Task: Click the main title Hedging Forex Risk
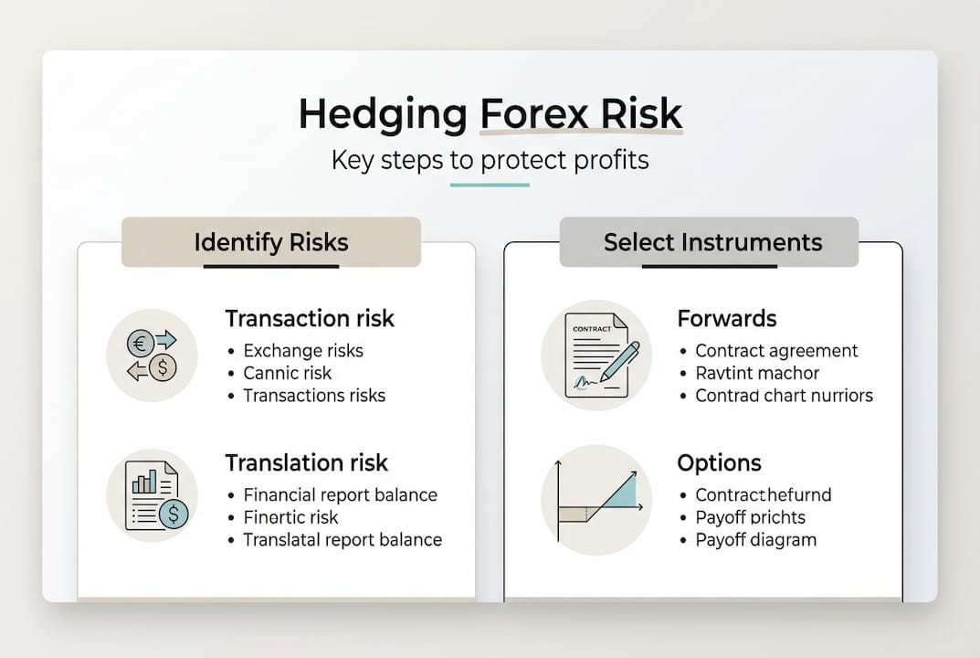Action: [x=490, y=113]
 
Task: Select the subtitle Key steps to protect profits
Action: [x=490, y=161]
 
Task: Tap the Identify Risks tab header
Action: [x=271, y=242]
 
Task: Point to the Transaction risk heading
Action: [x=310, y=318]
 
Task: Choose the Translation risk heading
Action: [x=306, y=462]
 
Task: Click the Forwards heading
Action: [x=727, y=318]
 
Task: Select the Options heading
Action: [x=719, y=462]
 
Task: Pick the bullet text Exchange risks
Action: [x=303, y=351]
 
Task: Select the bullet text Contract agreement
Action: [x=776, y=351]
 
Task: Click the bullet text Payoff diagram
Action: [x=755, y=539]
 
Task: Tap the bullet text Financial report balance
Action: [x=340, y=495]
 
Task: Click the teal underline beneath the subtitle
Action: [x=490, y=186]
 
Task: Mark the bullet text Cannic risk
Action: [x=288, y=373]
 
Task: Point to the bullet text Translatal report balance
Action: [x=342, y=539]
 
